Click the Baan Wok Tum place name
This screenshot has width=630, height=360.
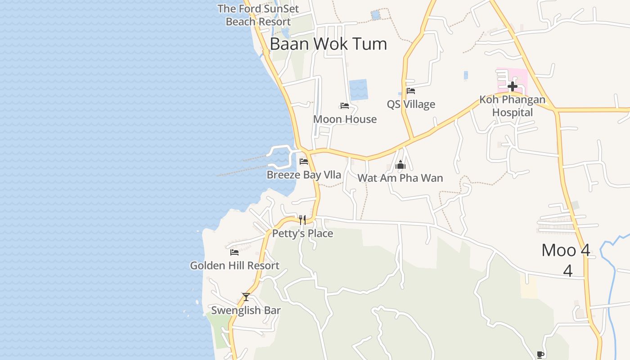328,44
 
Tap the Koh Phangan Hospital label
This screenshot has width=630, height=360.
512,106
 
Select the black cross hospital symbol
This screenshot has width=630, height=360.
512,86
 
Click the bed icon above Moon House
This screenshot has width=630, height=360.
345,106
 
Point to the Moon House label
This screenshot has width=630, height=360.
345,119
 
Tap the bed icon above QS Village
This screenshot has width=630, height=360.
410,91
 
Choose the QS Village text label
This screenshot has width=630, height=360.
411,104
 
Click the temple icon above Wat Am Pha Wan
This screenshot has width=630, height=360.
400,165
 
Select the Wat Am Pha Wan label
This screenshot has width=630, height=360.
400,178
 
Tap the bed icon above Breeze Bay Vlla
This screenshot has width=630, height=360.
304,162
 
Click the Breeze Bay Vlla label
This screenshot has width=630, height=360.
304,175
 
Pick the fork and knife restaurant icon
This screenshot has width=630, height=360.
302,220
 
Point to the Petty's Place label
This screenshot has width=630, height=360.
302,234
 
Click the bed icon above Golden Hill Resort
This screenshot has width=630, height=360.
234,252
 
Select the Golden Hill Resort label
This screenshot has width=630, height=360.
234,265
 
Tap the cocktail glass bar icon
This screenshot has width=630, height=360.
246,297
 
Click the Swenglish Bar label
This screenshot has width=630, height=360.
246,310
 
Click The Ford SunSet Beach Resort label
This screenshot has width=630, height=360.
258,15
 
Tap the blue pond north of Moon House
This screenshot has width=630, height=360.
359,90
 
